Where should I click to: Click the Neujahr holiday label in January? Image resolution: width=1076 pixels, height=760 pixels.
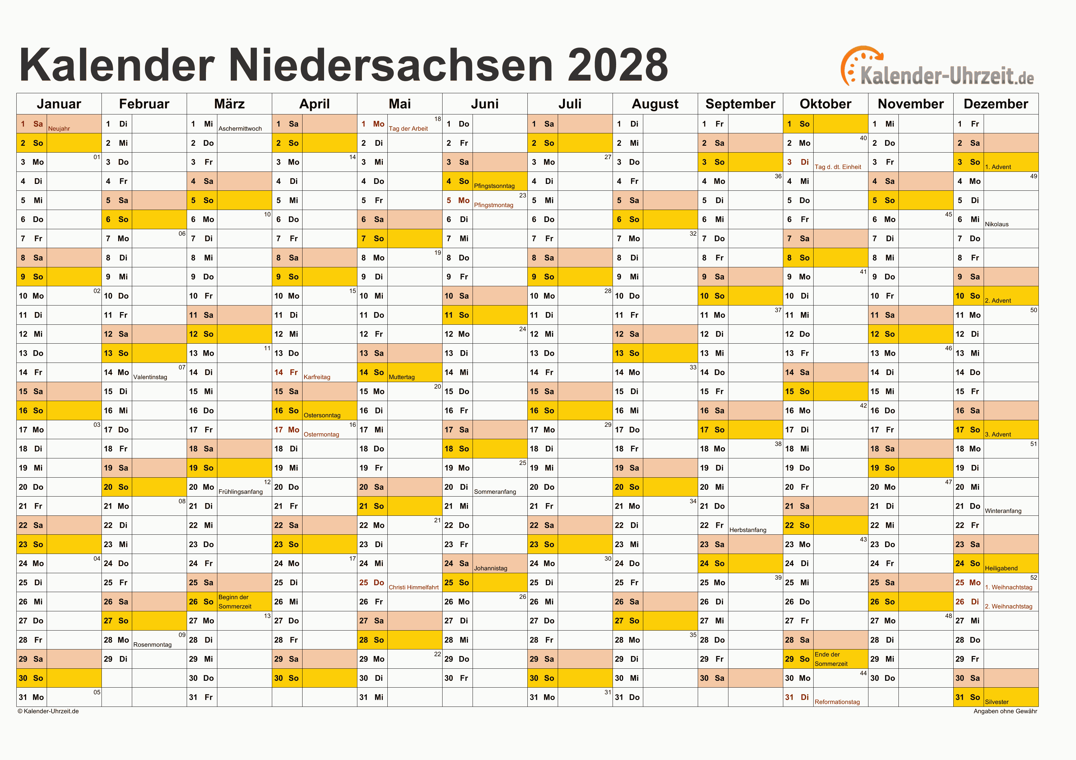(59, 129)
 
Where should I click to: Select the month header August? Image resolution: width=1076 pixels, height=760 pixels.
(655, 104)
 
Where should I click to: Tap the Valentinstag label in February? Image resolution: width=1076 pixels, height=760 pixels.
(150, 377)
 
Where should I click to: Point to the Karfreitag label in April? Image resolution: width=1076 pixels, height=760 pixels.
(317, 377)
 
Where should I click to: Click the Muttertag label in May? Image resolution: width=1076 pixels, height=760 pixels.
(402, 377)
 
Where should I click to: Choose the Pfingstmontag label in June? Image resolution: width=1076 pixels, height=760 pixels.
(493, 205)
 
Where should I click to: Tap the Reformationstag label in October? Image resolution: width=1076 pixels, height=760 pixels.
(837, 702)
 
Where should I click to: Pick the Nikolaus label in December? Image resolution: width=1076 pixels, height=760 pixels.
(996, 224)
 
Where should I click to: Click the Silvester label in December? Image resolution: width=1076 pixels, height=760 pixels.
(996, 702)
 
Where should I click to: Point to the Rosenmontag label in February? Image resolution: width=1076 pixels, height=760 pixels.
(152, 645)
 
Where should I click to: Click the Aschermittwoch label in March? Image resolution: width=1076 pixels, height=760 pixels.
(240, 129)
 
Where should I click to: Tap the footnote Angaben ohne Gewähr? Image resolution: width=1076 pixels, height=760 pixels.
(1005, 711)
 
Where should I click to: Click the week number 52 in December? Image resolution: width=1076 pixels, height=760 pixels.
(1033, 577)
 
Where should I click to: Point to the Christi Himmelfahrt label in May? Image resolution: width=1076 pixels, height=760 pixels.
(413, 587)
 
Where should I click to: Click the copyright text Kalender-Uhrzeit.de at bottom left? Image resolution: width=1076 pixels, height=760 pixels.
(48, 711)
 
